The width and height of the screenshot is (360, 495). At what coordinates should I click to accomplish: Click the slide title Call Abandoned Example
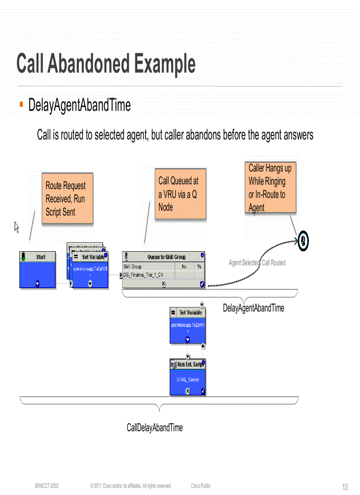point(106,64)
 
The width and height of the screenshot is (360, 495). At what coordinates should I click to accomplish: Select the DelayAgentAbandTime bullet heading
point(79,105)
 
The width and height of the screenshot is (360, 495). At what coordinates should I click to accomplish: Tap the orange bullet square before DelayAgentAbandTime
point(21,104)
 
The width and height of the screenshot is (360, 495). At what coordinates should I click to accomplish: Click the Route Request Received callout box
point(67,199)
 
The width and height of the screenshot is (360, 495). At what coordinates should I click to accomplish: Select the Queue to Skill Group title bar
point(166,257)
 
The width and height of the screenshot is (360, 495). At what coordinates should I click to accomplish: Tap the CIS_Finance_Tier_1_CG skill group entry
point(143,275)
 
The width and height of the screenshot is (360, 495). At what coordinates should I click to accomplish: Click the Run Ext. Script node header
point(188,365)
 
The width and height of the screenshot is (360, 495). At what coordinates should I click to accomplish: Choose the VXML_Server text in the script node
point(187,380)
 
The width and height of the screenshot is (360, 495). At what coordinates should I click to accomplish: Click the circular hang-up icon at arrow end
point(303,240)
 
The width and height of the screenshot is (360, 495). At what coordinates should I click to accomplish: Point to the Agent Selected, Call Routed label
point(257,263)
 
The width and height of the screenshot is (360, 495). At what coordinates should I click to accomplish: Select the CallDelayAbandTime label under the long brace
point(154,427)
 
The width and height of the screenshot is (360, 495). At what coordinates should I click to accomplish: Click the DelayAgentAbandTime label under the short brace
point(253,308)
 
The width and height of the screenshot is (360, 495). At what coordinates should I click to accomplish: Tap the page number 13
point(345,487)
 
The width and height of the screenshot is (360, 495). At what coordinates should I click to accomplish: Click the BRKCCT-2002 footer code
point(47,486)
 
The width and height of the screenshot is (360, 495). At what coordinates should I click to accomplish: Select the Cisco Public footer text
point(201,486)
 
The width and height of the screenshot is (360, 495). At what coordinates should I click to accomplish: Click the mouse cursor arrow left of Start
point(17,227)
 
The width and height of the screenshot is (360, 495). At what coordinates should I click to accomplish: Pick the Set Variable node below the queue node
point(187,325)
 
